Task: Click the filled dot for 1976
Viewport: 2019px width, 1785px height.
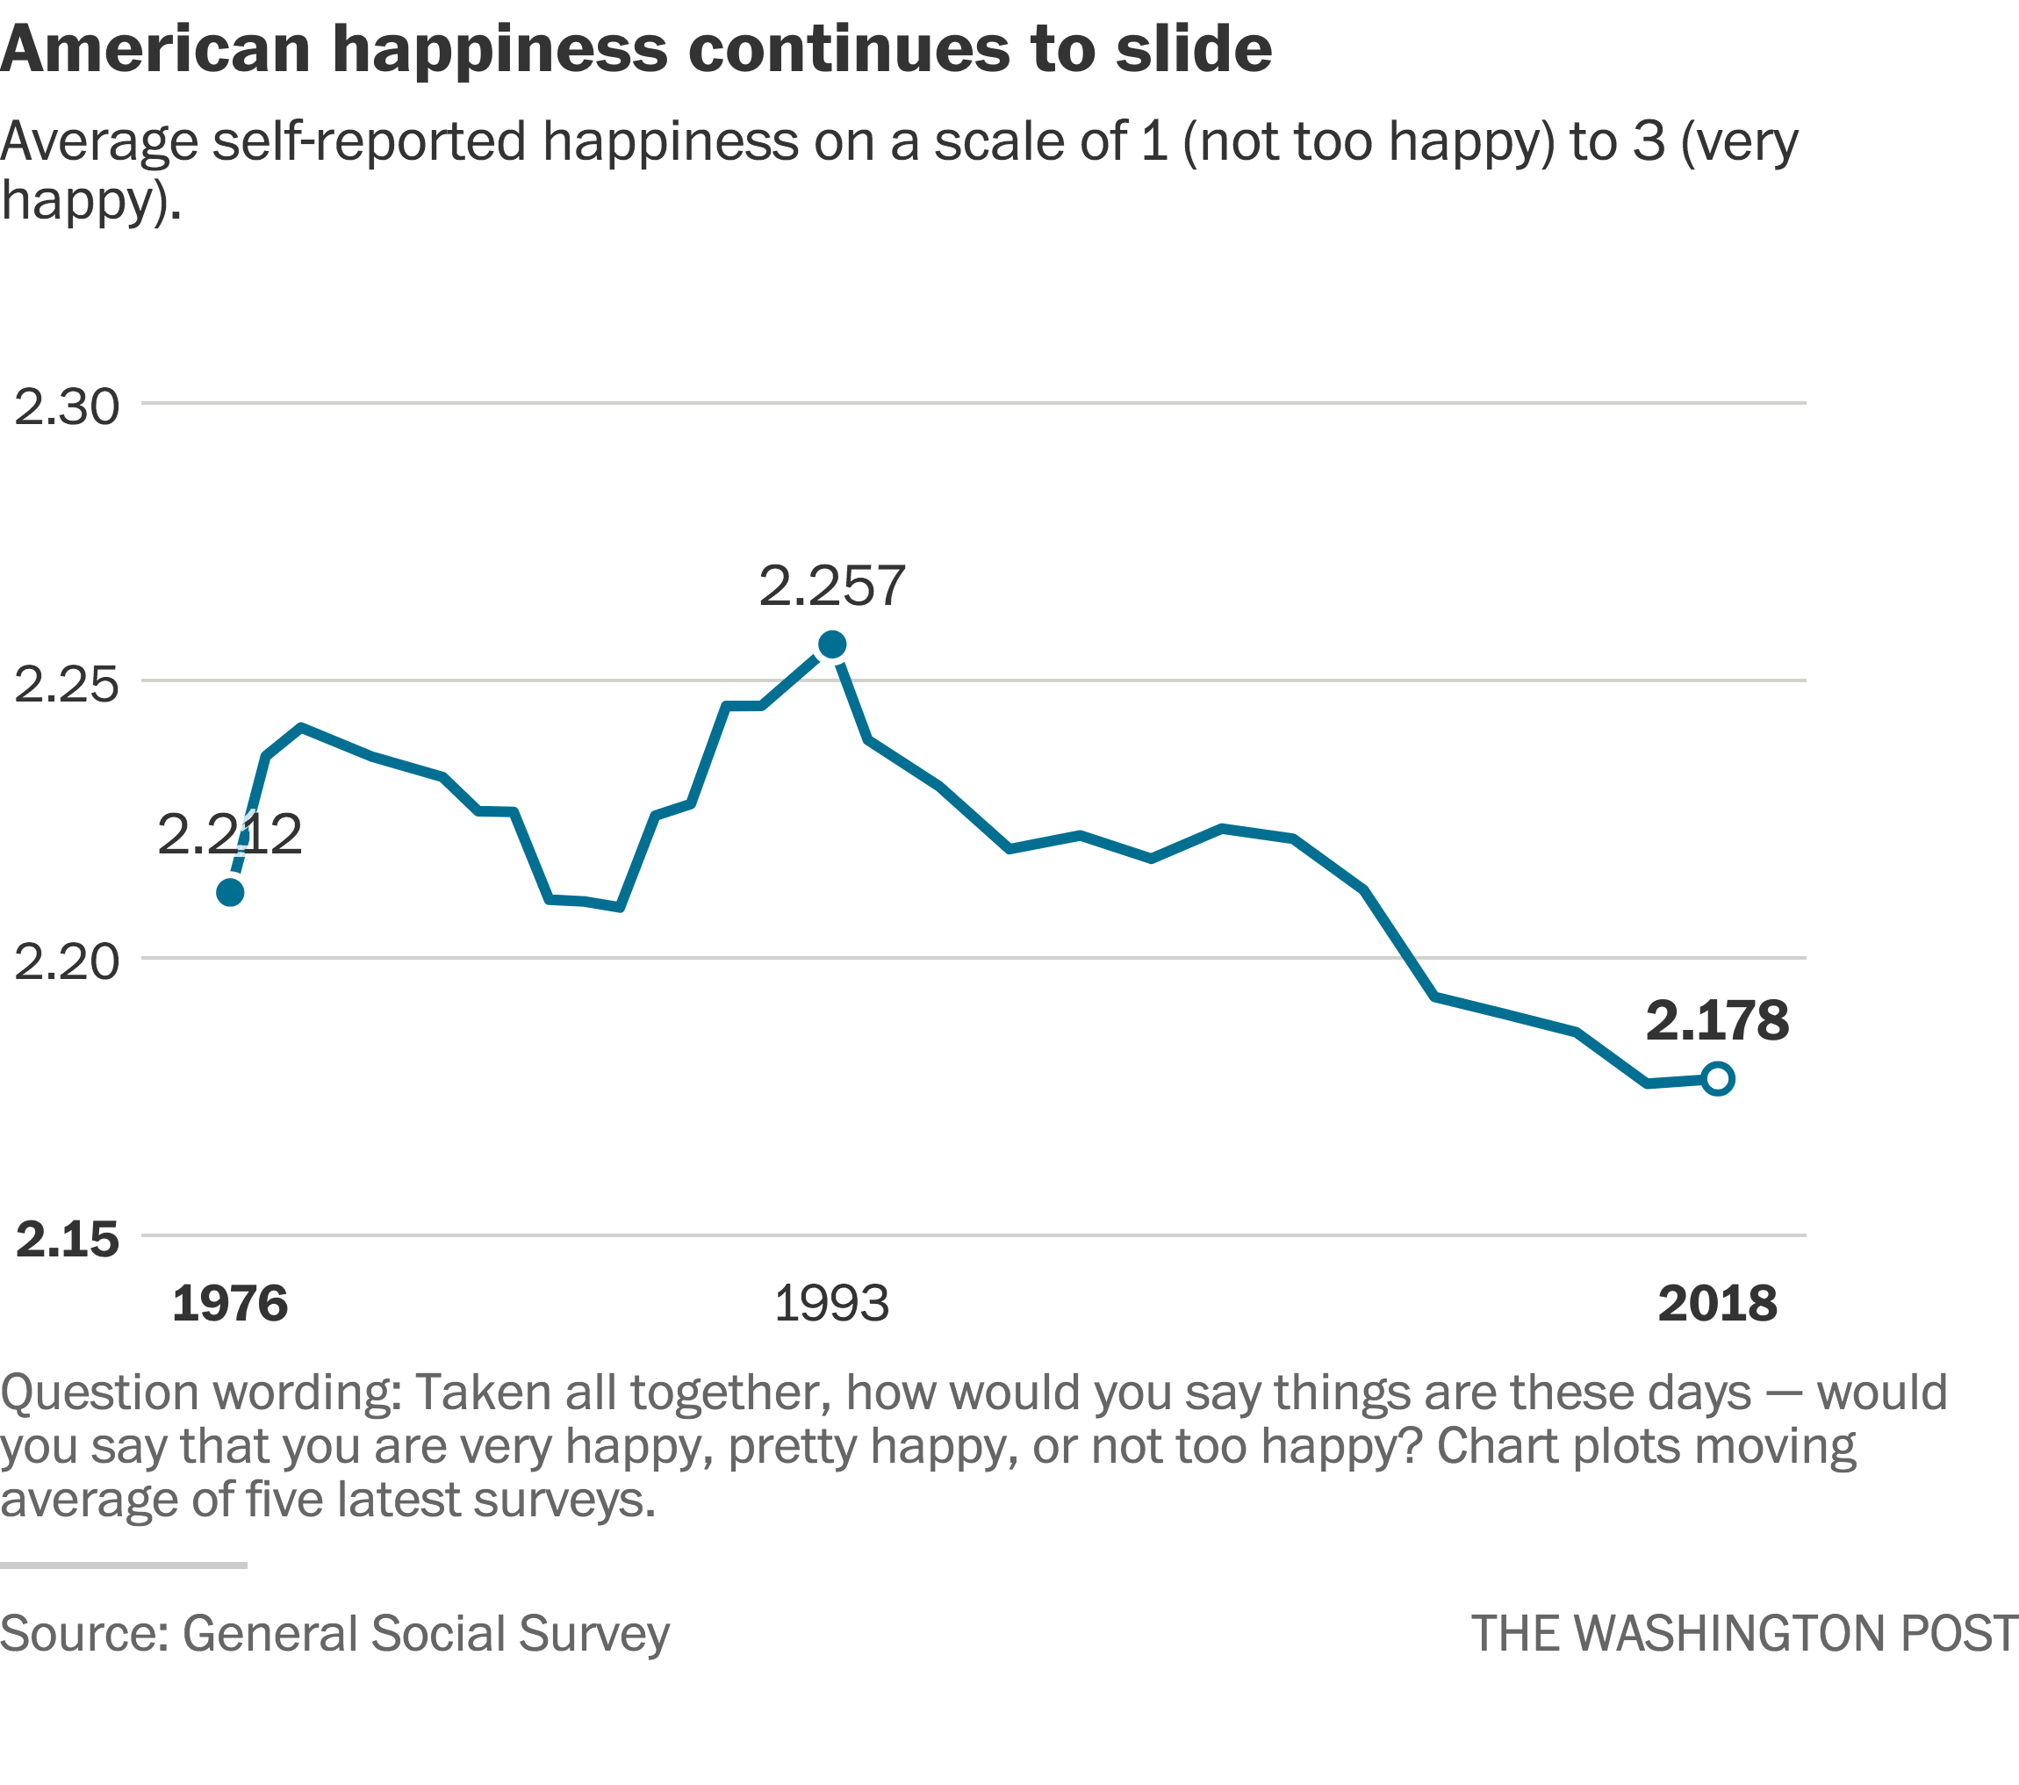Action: [230, 893]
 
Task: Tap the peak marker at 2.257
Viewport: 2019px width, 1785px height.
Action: [833, 645]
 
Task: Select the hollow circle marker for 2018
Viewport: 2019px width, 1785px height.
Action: [1718, 1079]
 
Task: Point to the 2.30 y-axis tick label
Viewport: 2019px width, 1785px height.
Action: [66, 407]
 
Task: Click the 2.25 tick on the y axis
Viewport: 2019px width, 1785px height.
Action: [66, 685]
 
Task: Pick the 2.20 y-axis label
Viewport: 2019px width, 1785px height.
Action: [66, 961]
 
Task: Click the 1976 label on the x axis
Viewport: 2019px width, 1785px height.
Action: [230, 1304]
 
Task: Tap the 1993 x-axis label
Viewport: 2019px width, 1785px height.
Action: [831, 1304]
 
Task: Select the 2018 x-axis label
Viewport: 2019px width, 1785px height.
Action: [1718, 1304]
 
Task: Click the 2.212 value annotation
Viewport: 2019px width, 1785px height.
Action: [229, 836]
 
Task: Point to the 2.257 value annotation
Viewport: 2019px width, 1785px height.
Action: [831, 586]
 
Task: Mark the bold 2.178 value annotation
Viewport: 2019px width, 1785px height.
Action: [1718, 1020]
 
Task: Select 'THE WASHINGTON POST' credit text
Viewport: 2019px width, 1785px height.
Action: [1743, 1633]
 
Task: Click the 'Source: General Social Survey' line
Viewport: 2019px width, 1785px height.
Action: [334, 1633]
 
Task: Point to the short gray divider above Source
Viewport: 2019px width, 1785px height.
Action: [124, 1565]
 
